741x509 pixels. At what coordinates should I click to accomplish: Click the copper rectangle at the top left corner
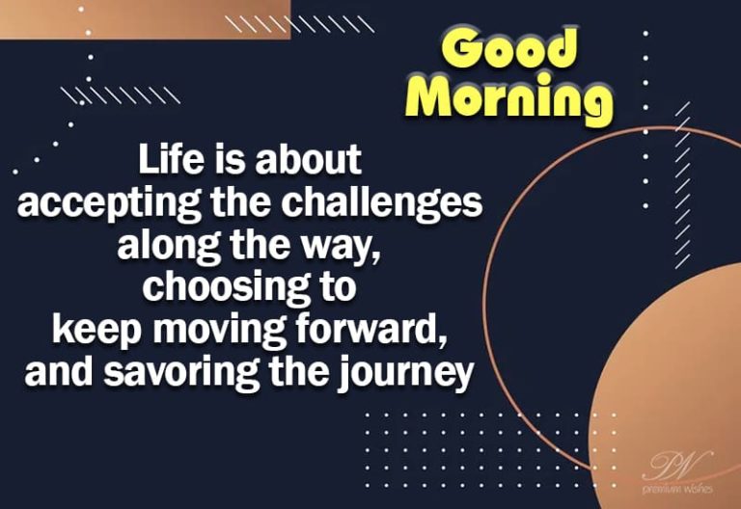144,19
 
